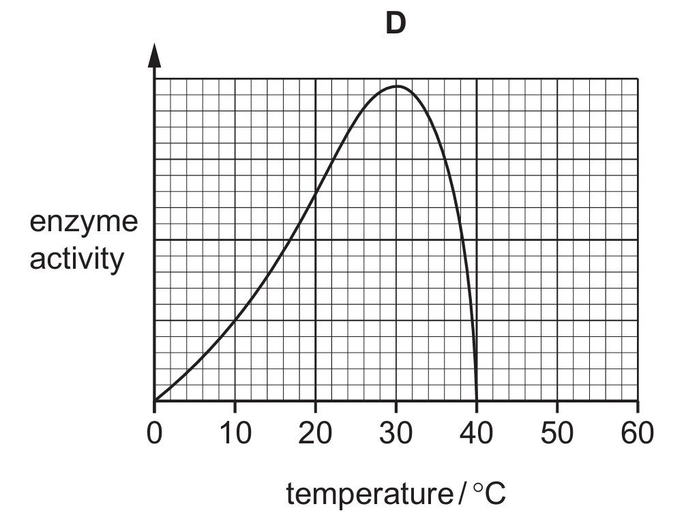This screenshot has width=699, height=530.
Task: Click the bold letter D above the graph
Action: (x=396, y=23)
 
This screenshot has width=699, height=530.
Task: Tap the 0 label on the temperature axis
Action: (x=154, y=432)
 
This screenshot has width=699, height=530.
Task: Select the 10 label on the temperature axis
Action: (x=235, y=432)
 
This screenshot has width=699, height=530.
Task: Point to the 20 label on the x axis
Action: (x=315, y=432)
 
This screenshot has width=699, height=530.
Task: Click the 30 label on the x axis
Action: (x=396, y=432)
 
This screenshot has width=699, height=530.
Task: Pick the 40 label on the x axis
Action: (x=477, y=432)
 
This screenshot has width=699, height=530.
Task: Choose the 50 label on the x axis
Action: (x=557, y=432)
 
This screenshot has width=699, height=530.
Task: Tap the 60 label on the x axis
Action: (x=638, y=432)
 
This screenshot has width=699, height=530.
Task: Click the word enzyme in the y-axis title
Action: (x=84, y=222)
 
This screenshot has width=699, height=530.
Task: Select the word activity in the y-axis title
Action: (x=76, y=259)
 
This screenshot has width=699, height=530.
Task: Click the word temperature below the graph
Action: (x=370, y=494)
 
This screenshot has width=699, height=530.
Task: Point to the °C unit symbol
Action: (x=490, y=493)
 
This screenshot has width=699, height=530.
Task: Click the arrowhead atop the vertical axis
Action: (x=154, y=55)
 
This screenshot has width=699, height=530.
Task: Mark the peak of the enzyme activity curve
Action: (x=396, y=86)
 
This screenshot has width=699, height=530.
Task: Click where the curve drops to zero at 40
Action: (x=477, y=400)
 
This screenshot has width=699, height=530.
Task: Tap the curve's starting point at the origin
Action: (x=155, y=400)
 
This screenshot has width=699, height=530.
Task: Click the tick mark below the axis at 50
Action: (x=557, y=407)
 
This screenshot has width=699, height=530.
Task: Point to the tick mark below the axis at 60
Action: (x=638, y=407)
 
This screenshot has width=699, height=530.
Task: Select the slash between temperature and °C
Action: (x=462, y=493)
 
